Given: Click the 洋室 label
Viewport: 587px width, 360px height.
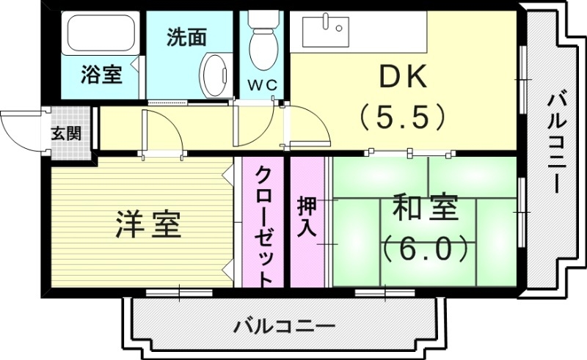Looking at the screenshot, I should click(x=149, y=225).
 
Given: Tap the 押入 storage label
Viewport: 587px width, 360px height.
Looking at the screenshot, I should click(x=306, y=216).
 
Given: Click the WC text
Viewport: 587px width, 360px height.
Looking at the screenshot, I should click(x=261, y=85).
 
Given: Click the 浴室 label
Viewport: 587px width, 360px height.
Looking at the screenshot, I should click(x=101, y=73).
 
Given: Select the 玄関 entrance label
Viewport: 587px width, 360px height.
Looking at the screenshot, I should click(x=66, y=134).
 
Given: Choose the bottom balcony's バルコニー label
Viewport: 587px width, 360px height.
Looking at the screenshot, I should click(x=285, y=326).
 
